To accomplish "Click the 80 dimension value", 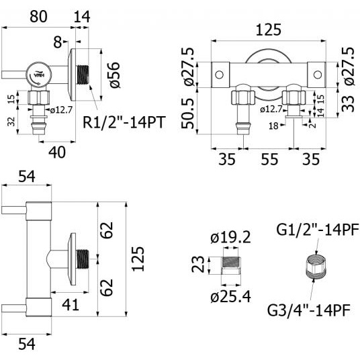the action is (38, 17).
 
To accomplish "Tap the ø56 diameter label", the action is (115, 75).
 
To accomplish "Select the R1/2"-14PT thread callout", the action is (124, 122).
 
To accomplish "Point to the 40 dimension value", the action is (57, 152).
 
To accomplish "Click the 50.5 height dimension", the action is (188, 114).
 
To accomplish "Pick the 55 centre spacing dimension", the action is (269, 159).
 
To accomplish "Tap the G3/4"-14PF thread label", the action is (309, 310).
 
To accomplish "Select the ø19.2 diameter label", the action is (230, 237).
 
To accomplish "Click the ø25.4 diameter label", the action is (230, 297).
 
